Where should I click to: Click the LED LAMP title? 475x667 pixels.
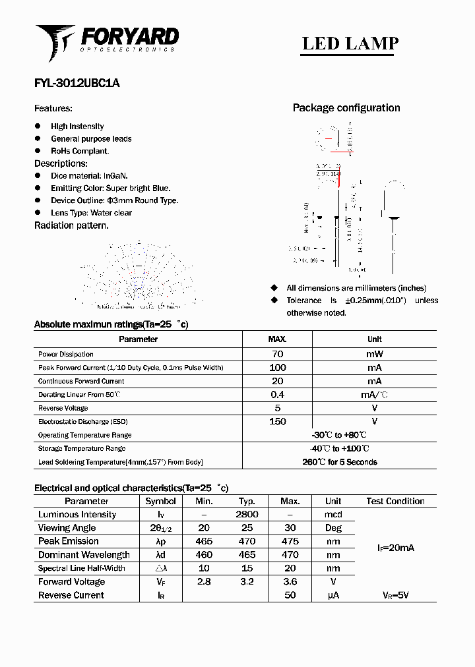(350, 43)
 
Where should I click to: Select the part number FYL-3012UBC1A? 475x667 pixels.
(77, 84)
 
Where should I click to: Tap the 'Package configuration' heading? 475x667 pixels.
(346, 108)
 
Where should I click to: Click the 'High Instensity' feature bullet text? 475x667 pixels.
(77, 127)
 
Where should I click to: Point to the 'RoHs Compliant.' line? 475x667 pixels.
(80, 151)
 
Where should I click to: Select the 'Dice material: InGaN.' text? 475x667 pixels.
(89, 176)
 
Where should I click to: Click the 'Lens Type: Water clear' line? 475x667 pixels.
(91, 213)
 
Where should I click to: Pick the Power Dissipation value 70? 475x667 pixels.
(277, 354)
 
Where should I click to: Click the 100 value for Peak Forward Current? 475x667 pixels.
(277, 368)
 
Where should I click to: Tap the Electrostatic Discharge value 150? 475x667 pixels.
(277, 421)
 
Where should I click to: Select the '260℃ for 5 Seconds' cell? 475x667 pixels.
(340, 462)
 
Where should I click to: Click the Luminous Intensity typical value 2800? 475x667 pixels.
(247, 514)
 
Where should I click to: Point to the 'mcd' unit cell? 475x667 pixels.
(333, 514)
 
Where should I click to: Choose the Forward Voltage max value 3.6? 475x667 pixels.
(290, 581)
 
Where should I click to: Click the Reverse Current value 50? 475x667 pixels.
(290, 595)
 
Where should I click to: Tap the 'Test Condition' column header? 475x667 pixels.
(395, 501)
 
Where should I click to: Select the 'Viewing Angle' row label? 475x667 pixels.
(67, 528)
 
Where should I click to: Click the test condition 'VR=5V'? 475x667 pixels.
(395, 595)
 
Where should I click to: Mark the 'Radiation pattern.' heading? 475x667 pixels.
(71, 225)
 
